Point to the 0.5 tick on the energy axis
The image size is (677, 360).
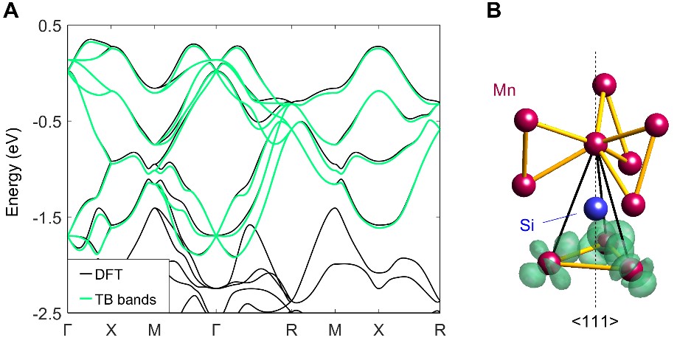point(49,26)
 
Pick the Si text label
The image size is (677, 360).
point(527,225)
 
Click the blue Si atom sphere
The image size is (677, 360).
point(594,209)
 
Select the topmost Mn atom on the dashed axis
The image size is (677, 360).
point(604,84)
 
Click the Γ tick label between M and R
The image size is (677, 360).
point(215,330)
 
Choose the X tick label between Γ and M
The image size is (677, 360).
point(111,330)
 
